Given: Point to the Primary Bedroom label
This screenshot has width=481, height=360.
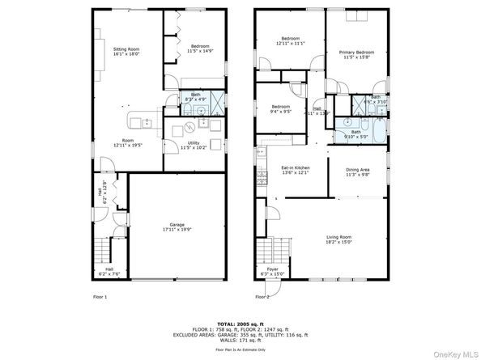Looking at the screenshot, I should click(x=355, y=53).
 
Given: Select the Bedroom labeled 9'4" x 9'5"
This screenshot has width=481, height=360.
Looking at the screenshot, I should click(x=281, y=108).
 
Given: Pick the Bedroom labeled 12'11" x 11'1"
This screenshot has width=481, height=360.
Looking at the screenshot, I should click(x=292, y=39).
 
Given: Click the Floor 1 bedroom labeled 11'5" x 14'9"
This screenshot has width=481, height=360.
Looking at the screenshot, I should click(x=199, y=46).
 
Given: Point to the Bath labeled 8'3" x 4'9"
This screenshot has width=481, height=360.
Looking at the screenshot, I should click(x=195, y=95).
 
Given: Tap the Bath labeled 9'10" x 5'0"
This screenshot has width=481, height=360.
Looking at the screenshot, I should click(x=355, y=132).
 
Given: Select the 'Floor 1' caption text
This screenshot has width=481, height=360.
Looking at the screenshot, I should click(x=100, y=297).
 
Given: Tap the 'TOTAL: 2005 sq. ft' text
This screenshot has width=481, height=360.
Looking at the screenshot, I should click(x=240, y=323).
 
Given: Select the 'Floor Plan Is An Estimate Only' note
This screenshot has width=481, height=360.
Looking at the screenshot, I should click(x=240, y=349).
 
